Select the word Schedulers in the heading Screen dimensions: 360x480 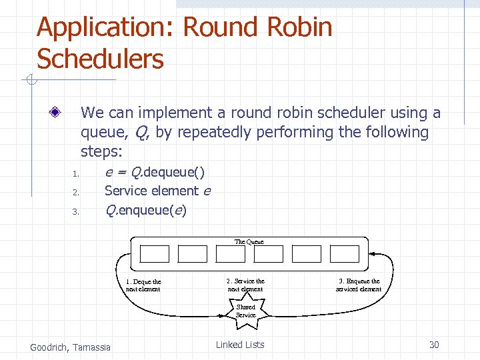pyautogui.click(x=100, y=59)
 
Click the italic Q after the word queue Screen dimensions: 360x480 pyautogui.click(x=141, y=133)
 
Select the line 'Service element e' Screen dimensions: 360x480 pyautogui.click(x=157, y=191)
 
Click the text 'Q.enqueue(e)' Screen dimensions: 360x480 pyautogui.click(x=146, y=211)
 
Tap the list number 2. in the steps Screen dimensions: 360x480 pyautogui.click(x=76, y=193)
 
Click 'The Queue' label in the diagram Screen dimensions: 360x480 pyautogui.click(x=249, y=241)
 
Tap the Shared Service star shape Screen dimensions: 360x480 pyautogui.click(x=245, y=311)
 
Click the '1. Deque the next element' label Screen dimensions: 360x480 pyautogui.click(x=143, y=285)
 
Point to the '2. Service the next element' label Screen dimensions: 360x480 pyautogui.click(x=245, y=285)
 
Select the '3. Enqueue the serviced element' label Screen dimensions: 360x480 pyautogui.click(x=359, y=285)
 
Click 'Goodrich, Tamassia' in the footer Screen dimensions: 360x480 pyautogui.click(x=71, y=347)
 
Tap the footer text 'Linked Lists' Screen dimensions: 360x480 pyautogui.click(x=240, y=345)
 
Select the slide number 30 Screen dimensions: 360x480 pyautogui.click(x=434, y=345)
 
